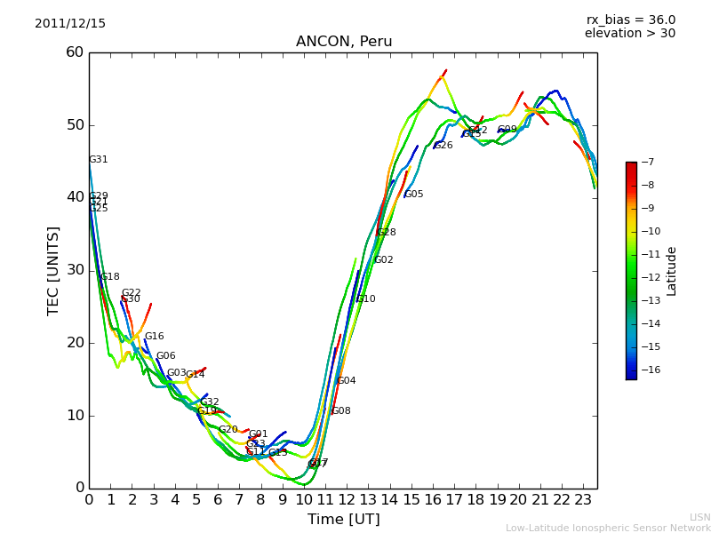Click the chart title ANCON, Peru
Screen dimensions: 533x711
pos(344,42)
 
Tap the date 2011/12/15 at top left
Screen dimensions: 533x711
pos(70,23)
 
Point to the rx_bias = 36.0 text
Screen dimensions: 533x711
pos(630,20)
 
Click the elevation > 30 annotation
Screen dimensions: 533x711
pos(629,34)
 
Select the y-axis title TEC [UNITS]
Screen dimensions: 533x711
pos(53,271)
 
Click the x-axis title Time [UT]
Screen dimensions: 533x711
pos(343,519)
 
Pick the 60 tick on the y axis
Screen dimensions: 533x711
pos(75,52)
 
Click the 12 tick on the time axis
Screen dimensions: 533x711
pos(347,499)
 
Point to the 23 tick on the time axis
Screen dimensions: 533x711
pos(583,499)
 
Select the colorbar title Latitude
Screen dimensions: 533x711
pos(672,271)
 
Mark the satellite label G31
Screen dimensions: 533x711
pos(99,160)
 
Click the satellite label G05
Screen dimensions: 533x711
pos(414,195)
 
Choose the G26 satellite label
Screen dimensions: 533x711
pos(443,146)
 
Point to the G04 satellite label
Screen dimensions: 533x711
pos(347,381)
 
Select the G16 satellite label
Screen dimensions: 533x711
pos(155,337)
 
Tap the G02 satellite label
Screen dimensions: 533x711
pos(384,260)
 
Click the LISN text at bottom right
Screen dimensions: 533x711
pos(700,517)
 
